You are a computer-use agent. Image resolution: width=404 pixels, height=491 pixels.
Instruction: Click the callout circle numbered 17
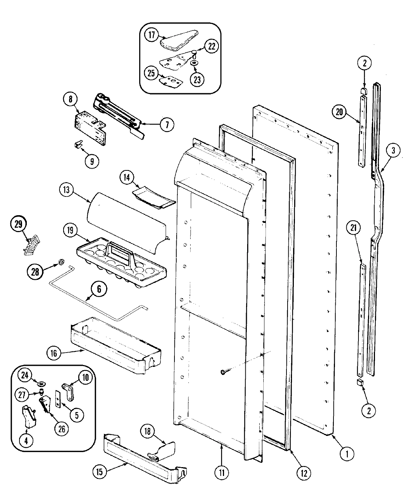[151, 35]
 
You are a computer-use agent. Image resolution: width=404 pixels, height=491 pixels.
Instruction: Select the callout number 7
[166, 125]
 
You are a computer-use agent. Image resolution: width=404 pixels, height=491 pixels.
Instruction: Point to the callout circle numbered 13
[68, 191]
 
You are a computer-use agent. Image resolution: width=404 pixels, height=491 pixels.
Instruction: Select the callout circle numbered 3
[393, 150]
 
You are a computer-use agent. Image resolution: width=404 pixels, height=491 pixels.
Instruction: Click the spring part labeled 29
[31, 245]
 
